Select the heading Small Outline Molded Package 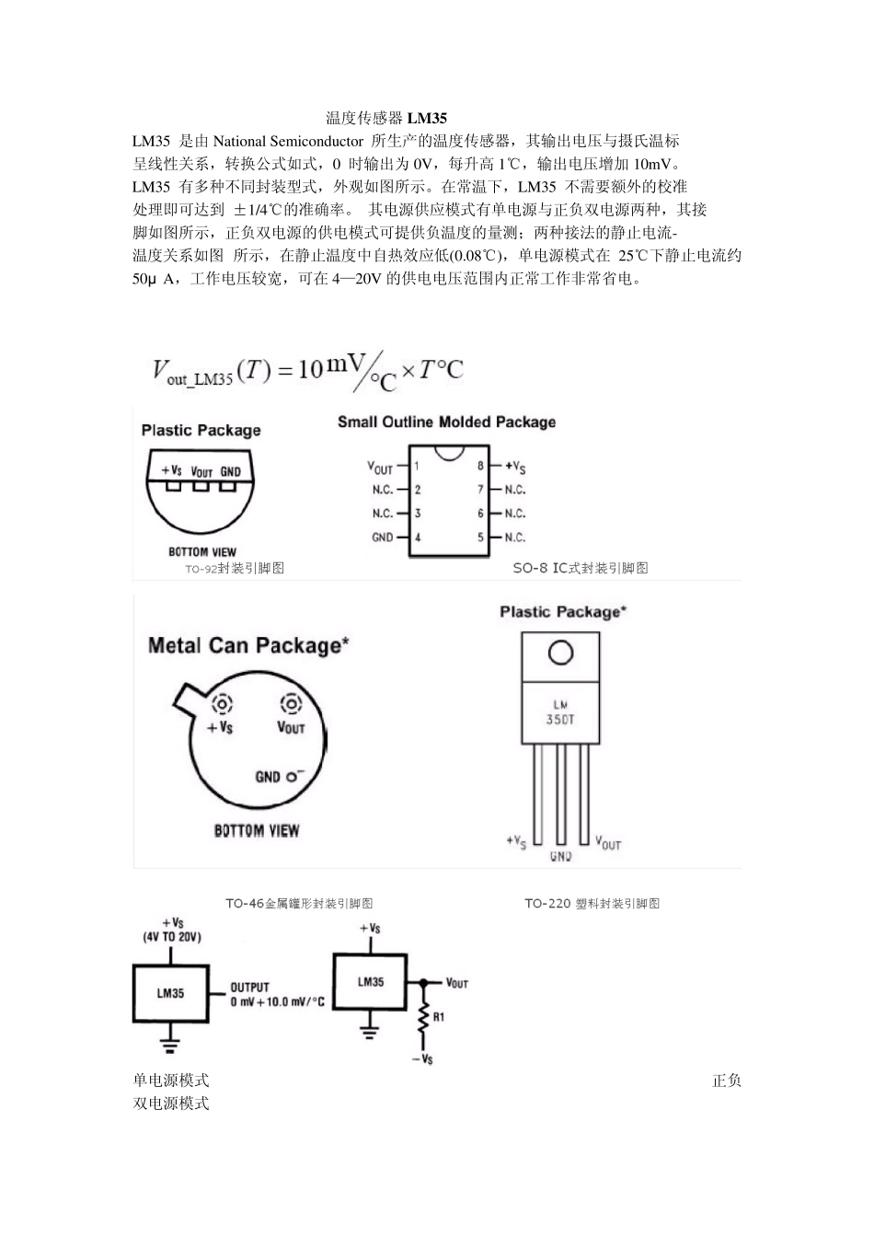point(446,422)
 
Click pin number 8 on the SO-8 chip point(480,467)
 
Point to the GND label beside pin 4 point(382,538)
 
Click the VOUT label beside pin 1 point(380,468)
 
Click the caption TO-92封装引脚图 point(235,569)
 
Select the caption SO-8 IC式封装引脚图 point(581,569)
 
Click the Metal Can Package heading point(248,646)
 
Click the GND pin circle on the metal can point(292,776)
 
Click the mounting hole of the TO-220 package point(560,653)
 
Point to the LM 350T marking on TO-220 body point(560,712)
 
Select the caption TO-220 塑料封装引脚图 point(592,904)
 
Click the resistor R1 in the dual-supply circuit point(424,1018)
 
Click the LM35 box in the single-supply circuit point(171,993)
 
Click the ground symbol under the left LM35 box point(170,1044)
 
